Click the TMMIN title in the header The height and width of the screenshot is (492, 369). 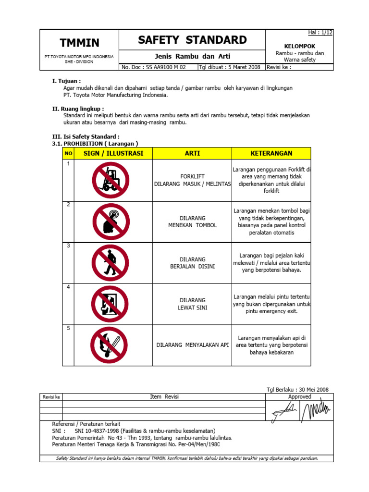(x=79, y=43)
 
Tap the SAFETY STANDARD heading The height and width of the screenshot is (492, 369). (x=192, y=40)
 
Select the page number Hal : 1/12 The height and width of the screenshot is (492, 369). (x=320, y=32)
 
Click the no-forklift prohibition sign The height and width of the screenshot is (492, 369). (x=110, y=180)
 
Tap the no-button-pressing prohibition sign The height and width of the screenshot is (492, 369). (x=110, y=221)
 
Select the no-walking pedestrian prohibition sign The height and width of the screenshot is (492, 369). (x=110, y=262)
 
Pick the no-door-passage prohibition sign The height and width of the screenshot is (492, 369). (x=110, y=304)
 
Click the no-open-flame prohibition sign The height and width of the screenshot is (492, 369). (x=110, y=344)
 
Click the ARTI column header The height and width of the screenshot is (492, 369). (x=192, y=153)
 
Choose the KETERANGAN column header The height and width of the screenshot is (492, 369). (x=271, y=153)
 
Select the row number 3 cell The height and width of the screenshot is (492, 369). (x=69, y=246)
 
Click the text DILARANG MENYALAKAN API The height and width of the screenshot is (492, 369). (x=193, y=345)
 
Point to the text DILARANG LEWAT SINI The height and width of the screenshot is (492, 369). (x=192, y=304)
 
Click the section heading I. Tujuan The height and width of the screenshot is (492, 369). (x=66, y=81)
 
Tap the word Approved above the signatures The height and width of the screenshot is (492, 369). (x=299, y=397)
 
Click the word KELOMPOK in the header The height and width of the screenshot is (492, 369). (x=299, y=46)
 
